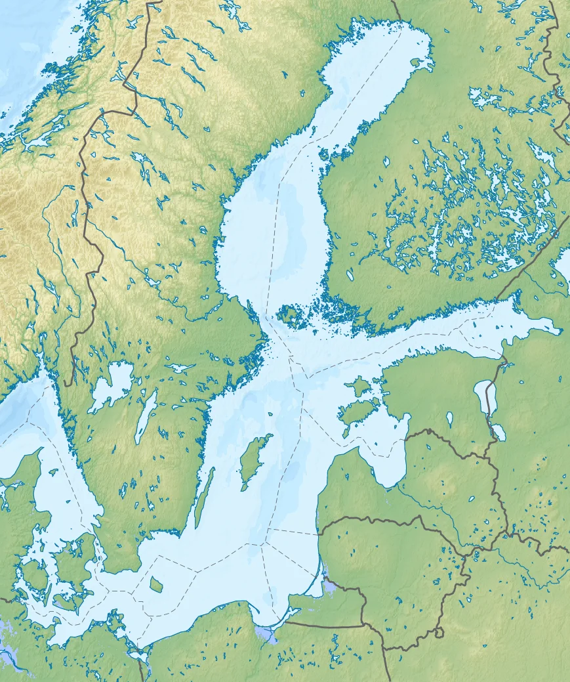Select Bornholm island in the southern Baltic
156,584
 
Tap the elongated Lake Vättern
145,417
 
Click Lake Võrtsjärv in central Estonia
449,417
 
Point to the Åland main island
288,316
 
